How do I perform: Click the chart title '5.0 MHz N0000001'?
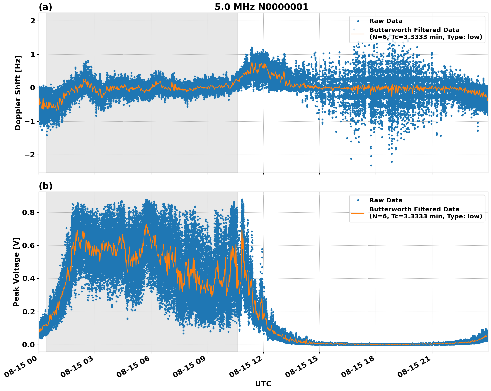pos(261,7)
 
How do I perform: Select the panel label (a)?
pos(45,7)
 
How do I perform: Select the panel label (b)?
pos(45,186)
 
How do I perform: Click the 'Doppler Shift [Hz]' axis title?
pos(18,93)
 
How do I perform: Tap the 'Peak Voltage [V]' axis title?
pos(16,272)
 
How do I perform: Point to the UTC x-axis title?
pos(263,384)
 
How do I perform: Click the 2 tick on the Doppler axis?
pos(33,21)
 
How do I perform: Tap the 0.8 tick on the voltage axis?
pos(29,212)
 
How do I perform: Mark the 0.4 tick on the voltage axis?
pos(29,278)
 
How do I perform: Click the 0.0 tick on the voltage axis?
pos(29,345)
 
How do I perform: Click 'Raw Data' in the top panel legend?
pos(386,21)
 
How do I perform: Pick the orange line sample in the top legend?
pos(358,33)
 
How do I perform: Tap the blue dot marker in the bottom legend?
pos(358,200)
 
